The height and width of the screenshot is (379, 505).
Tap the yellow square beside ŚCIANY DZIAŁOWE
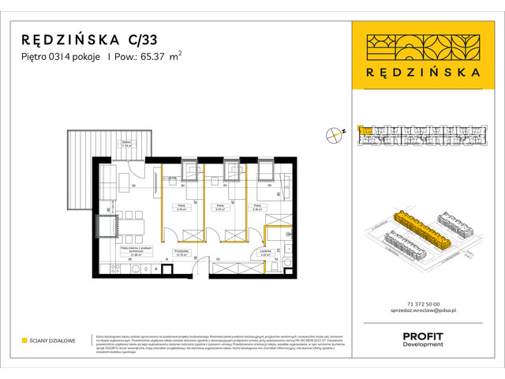tap(24, 340)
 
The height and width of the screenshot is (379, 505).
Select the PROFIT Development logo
tap(422, 340)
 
